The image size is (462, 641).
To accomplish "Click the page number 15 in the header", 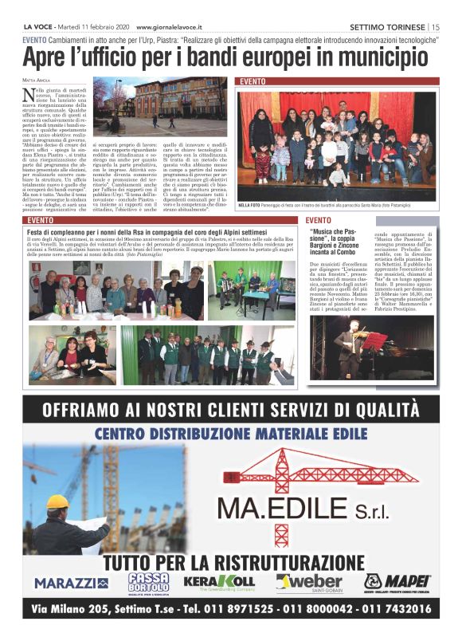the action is [x=437, y=26].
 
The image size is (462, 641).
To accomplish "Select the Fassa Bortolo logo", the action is [x=148, y=583].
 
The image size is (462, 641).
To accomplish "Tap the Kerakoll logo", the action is [x=218, y=582].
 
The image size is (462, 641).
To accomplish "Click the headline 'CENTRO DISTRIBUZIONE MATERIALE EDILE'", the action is [x=230, y=435].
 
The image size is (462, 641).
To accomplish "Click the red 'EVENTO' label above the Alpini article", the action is [x=41, y=220].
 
